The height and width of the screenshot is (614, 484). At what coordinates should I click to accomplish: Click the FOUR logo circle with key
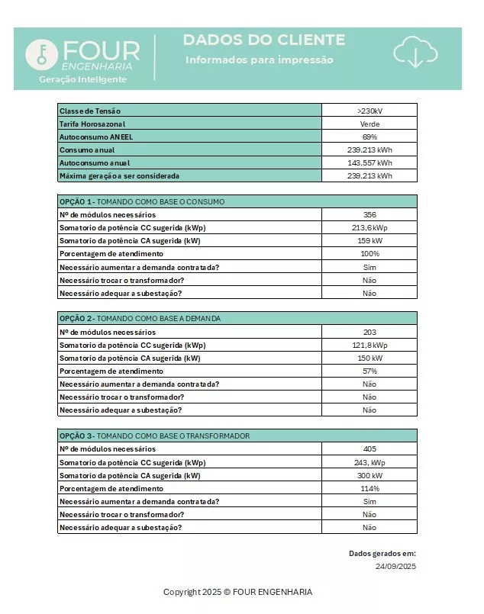pyautogui.click(x=42, y=53)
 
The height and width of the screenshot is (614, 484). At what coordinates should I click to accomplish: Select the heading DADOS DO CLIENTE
pyautogui.click(x=264, y=40)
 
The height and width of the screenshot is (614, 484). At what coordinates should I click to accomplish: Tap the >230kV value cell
pyautogui.click(x=369, y=111)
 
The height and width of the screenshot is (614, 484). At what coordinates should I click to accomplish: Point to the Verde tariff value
pyautogui.click(x=369, y=124)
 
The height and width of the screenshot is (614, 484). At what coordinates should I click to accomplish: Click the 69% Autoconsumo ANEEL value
pyautogui.click(x=369, y=137)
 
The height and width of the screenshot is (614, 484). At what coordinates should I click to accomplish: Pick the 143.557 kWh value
pyautogui.click(x=369, y=162)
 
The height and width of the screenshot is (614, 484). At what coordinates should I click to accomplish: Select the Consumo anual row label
pyautogui.click(x=85, y=149)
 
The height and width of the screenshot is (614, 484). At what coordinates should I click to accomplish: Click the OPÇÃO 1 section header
pyautogui.click(x=142, y=201)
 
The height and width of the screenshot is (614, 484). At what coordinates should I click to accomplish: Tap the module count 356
pyautogui.click(x=369, y=214)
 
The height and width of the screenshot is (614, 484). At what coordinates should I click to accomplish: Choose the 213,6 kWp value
pyautogui.click(x=369, y=227)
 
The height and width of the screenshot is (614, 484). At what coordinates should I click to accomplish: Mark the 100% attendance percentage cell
pyautogui.click(x=369, y=253)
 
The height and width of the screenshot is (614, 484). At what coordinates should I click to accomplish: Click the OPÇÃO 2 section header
pyautogui.click(x=140, y=318)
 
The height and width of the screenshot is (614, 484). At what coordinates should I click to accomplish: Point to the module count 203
pyautogui.click(x=369, y=332)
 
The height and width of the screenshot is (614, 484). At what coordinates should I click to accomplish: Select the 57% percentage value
pyautogui.click(x=369, y=371)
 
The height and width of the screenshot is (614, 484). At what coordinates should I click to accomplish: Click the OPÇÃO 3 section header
pyautogui.click(x=154, y=436)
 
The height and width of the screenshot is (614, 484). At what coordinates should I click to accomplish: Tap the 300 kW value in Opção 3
pyautogui.click(x=369, y=475)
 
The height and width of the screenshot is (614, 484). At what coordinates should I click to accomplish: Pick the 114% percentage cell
pyautogui.click(x=369, y=488)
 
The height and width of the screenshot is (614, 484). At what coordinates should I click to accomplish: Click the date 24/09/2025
pyautogui.click(x=395, y=567)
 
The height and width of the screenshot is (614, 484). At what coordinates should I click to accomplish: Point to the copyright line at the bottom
pyautogui.click(x=237, y=592)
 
